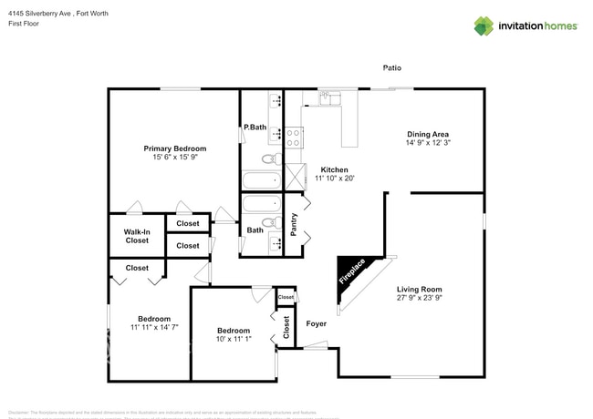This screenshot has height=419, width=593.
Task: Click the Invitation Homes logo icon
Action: (x=484, y=26)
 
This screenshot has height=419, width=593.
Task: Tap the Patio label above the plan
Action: (x=392, y=67)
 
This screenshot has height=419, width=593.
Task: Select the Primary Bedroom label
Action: (x=174, y=148)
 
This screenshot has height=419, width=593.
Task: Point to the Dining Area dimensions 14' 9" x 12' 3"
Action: (x=428, y=143)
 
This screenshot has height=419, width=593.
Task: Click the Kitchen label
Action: (x=334, y=169)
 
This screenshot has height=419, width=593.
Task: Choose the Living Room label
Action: (x=420, y=290)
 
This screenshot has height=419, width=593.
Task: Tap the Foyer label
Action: (x=316, y=323)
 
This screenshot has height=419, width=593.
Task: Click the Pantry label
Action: (x=294, y=224)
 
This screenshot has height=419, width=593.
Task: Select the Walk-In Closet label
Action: (x=137, y=236)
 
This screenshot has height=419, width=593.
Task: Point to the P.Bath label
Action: (x=255, y=128)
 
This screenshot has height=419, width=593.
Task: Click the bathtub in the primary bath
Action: (x=262, y=179)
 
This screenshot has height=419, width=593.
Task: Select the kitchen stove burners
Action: (x=295, y=138)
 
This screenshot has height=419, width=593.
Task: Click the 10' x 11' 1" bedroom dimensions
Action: (x=234, y=340)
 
